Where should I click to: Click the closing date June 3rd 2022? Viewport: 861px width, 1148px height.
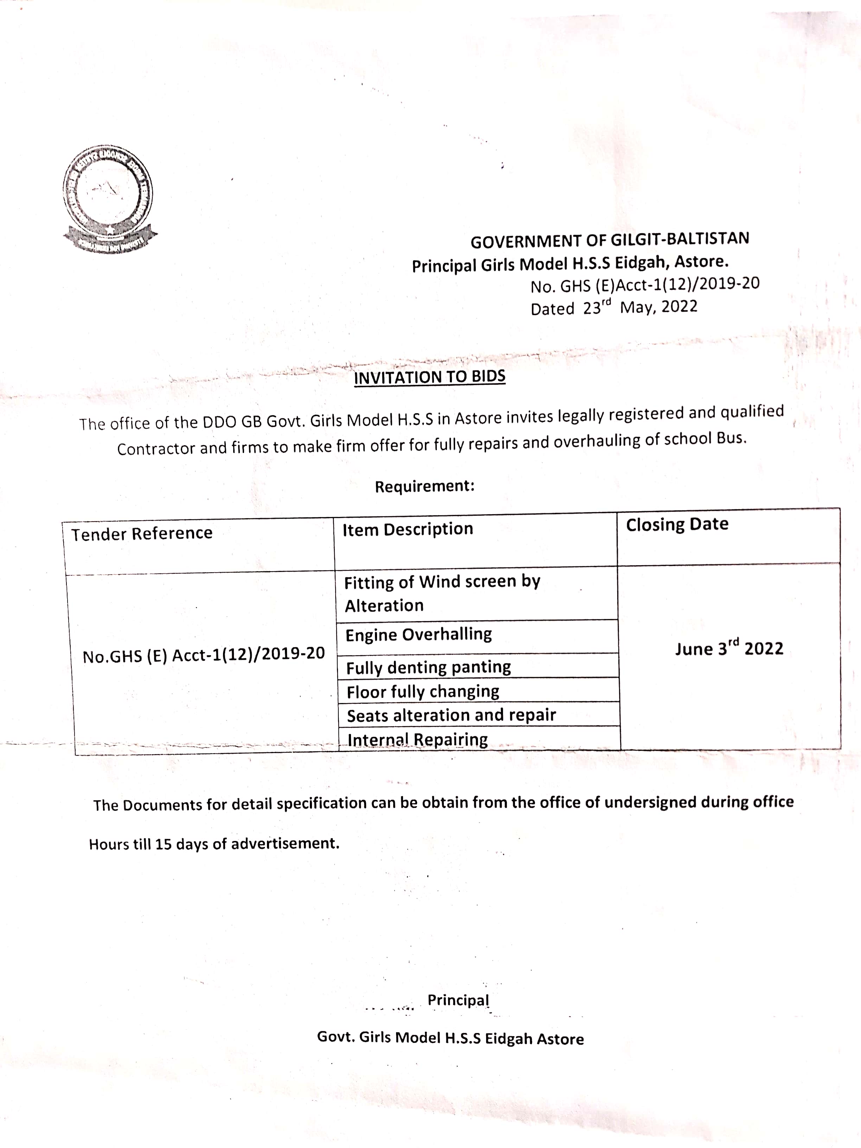[x=729, y=649]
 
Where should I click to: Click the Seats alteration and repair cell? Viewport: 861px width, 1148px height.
[x=451, y=715]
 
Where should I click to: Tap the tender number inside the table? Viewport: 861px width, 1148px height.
[x=203, y=655]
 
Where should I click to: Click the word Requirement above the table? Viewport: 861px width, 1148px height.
[x=424, y=486]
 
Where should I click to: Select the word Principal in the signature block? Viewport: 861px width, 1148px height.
[x=458, y=1000]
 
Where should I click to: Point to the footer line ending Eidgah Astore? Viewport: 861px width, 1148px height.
[x=450, y=1038]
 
